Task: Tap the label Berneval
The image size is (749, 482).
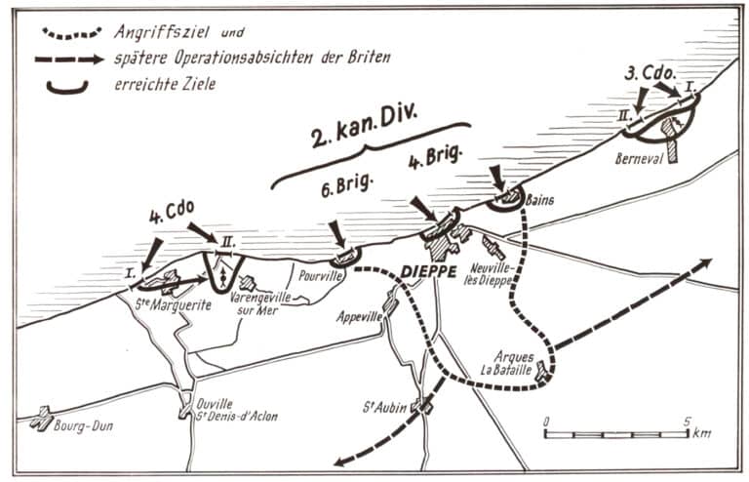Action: coord(641,156)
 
